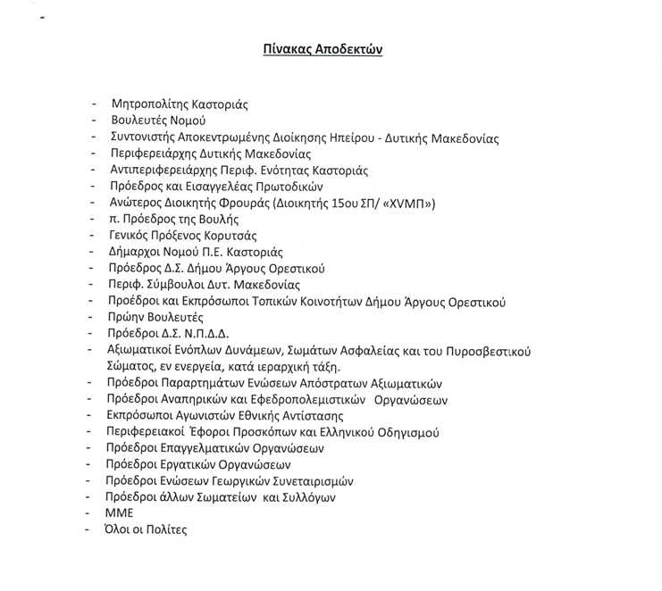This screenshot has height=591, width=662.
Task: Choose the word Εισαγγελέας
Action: coord(222,187)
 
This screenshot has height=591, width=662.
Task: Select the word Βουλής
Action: coord(222,220)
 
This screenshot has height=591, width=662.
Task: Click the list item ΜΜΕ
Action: coord(119,513)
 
